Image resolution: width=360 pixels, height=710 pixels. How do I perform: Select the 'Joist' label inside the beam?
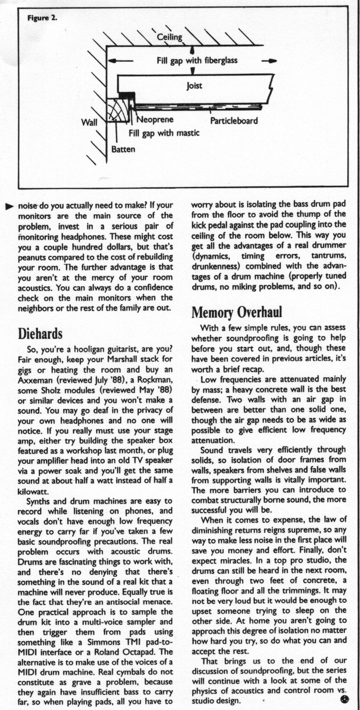tap(194, 86)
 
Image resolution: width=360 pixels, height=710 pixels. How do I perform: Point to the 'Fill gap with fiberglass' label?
tap(197, 61)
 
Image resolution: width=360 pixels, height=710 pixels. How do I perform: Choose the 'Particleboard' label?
tap(234, 120)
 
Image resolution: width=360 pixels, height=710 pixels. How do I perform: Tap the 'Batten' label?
tap(123, 149)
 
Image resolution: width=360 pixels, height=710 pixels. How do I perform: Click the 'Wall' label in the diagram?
tap(90, 122)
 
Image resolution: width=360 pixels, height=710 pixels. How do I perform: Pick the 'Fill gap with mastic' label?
tap(164, 133)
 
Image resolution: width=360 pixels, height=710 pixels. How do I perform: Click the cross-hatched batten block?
tap(117, 110)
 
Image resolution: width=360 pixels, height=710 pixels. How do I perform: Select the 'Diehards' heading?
tap(40, 333)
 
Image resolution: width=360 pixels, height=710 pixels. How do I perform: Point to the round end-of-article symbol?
tap(344, 699)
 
